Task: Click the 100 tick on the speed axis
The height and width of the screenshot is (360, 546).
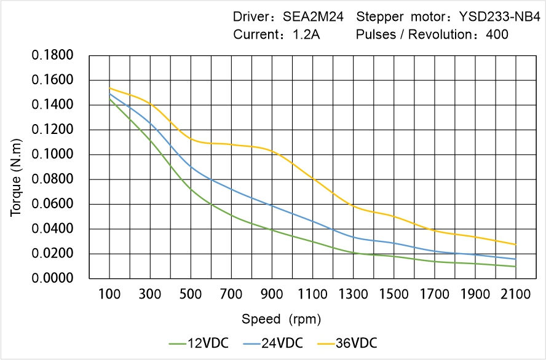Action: click(109, 294)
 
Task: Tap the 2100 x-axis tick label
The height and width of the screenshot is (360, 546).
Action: click(515, 294)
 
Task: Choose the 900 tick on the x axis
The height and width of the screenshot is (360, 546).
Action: click(272, 294)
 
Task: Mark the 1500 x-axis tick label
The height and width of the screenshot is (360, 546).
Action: click(394, 294)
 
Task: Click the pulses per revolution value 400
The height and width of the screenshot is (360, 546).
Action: click(497, 34)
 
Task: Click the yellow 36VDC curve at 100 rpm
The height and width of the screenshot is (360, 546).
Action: click(109, 88)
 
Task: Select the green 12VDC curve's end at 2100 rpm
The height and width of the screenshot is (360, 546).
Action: click(515, 267)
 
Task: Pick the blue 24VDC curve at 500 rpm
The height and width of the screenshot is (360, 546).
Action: click(191, 166)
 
